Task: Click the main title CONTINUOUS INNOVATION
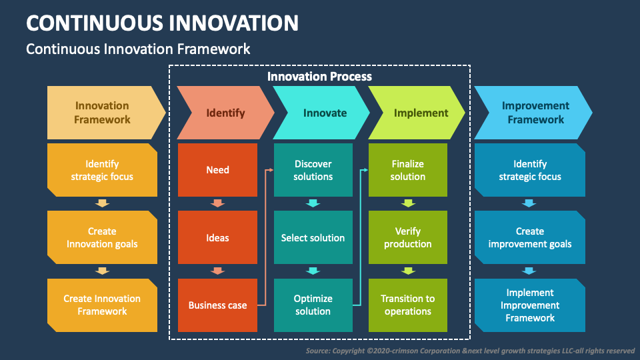pos(162,23)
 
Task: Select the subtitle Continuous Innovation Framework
pos(138,49)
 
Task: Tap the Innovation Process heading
pos(319,76)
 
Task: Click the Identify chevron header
pos(225,113)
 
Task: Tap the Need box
pos(217,170)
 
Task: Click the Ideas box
pos(217,238)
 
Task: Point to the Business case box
pos(217,305)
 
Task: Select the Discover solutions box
pos(313,170)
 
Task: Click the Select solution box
pos(313,238)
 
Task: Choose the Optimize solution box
pos(313,305)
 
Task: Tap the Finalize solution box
pos(408,170)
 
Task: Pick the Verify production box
pos(408,238)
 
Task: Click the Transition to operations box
pos(408,305)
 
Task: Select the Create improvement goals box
pos(530,238)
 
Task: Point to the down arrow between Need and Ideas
pos(217,203)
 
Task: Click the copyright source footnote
pos(470,351)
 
